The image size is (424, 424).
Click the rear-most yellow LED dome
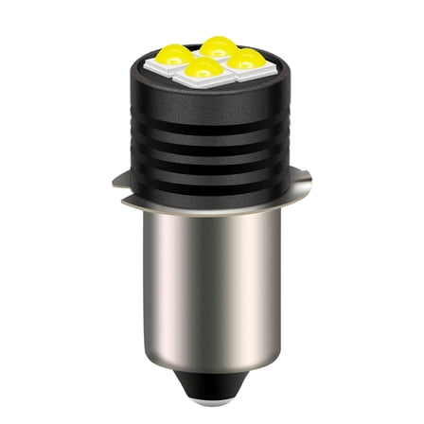[x=219, y=46]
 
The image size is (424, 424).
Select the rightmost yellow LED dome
[x=248, y=59]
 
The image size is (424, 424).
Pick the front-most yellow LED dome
[x=202, y=69]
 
